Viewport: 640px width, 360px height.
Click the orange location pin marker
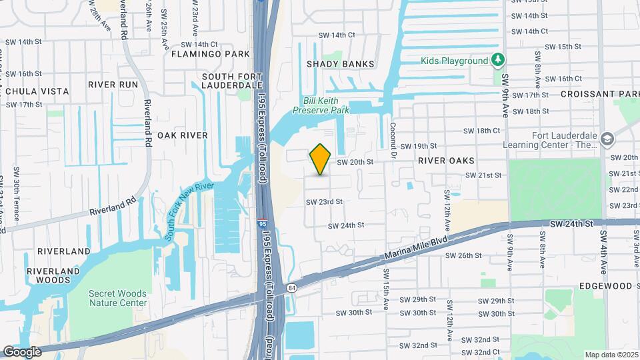click(x=320, y=159)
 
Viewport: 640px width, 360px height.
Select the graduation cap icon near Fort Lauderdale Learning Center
click(x=607, y=139)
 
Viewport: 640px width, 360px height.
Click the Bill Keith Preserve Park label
click(x=326, y=105)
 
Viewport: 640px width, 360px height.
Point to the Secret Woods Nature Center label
click(x=118, y=298)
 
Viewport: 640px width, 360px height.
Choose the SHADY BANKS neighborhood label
click(x=340, y=64)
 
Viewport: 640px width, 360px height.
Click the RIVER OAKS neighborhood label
click(x=446, y=161)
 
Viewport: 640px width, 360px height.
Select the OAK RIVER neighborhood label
click(x=183, y=135)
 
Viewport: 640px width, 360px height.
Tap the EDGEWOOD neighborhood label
click(x=605, y=286)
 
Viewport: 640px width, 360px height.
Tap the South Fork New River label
click(x=189, y=211)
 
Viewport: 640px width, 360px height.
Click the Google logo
click(x=23, y=351)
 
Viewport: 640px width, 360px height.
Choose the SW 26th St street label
click(x=463, y=255)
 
